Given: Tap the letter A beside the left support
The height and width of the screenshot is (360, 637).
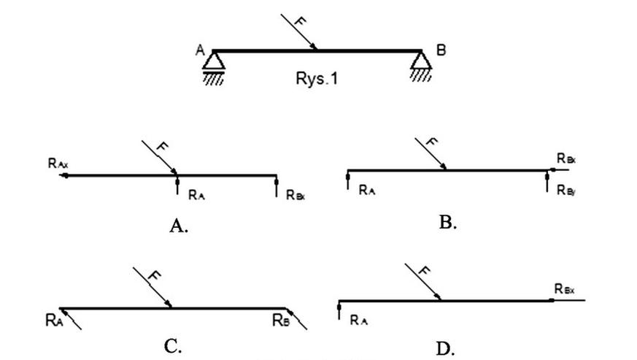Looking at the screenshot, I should point(198,50).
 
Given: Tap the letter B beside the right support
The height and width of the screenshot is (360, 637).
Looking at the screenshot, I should point(441,50).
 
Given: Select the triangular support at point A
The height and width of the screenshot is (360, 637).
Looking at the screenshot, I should point(214,61).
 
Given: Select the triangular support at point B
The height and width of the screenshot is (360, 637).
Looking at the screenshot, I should point(421,61).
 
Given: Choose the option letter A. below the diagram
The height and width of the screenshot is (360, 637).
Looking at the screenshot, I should point(179,226).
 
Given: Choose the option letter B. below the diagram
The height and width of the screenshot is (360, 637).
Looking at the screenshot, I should point(448,223).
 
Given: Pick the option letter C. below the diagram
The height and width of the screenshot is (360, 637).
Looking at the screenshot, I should point(173,346).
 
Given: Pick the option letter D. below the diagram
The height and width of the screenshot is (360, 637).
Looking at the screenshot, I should point(445,348).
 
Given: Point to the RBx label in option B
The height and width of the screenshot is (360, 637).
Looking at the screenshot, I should point(565,158).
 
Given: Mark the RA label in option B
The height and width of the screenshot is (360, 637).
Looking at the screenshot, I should point(368,189).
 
